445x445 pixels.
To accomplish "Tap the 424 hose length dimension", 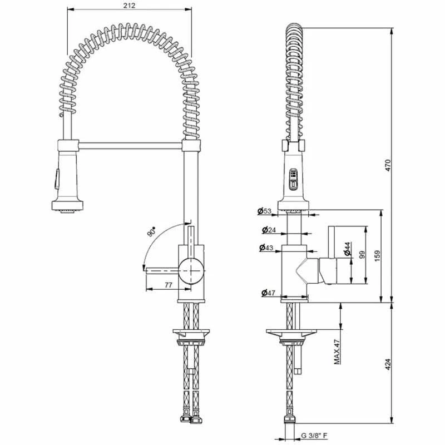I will click(x=388, y=365).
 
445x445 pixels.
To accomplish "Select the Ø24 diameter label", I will click(x=269, y=230).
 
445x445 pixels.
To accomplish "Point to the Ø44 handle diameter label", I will click(x=347, y=249).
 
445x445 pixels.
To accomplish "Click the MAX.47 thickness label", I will click(x=338, y=351).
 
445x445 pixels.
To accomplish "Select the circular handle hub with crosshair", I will click(x=191, y=271).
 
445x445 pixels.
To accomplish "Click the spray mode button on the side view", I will click(x=293, y=179).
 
